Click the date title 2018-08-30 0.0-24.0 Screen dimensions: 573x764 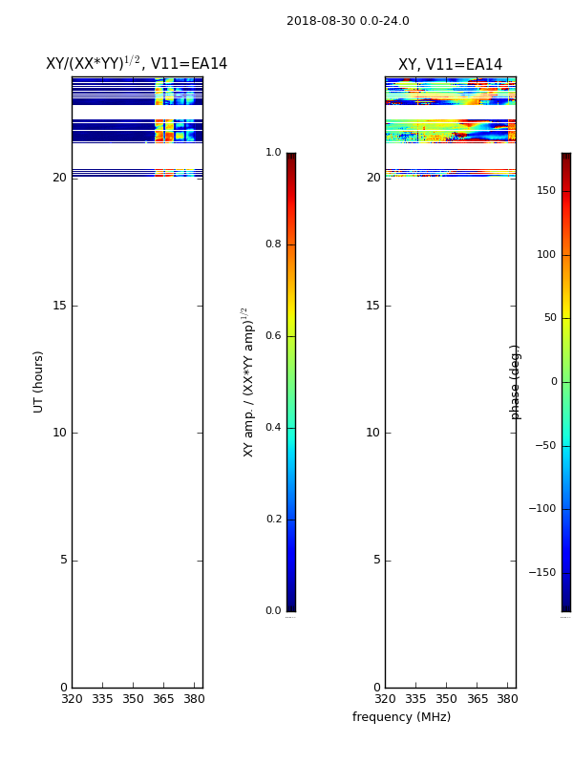(x=348, y=21)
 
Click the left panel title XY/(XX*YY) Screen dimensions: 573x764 (x=93, y=63)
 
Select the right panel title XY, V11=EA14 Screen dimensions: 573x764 (x=450, y=64)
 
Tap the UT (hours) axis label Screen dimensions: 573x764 (x=38, y=382)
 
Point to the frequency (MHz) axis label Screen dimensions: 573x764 (x=401, y=717)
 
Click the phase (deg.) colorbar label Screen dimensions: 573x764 (x=515, y=383)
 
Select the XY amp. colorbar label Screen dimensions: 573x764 (x=248, y=383)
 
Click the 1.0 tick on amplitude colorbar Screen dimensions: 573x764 (x=273, y=153)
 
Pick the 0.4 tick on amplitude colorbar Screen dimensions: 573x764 (x=273, y=427)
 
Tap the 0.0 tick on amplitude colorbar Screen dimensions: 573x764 (x=273, y=610)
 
